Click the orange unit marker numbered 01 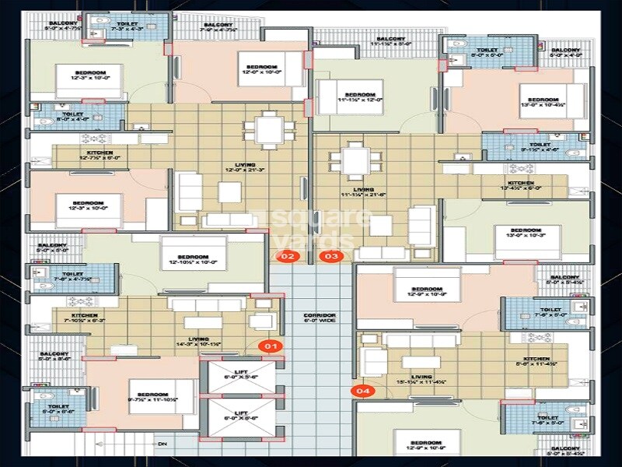tap(272, 345)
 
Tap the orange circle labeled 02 tap(288, 256)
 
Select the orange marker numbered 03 tap(332, 256)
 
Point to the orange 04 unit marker tap(362, 392)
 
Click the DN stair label tap(161, 444)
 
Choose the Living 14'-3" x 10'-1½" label tap(199, 342)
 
